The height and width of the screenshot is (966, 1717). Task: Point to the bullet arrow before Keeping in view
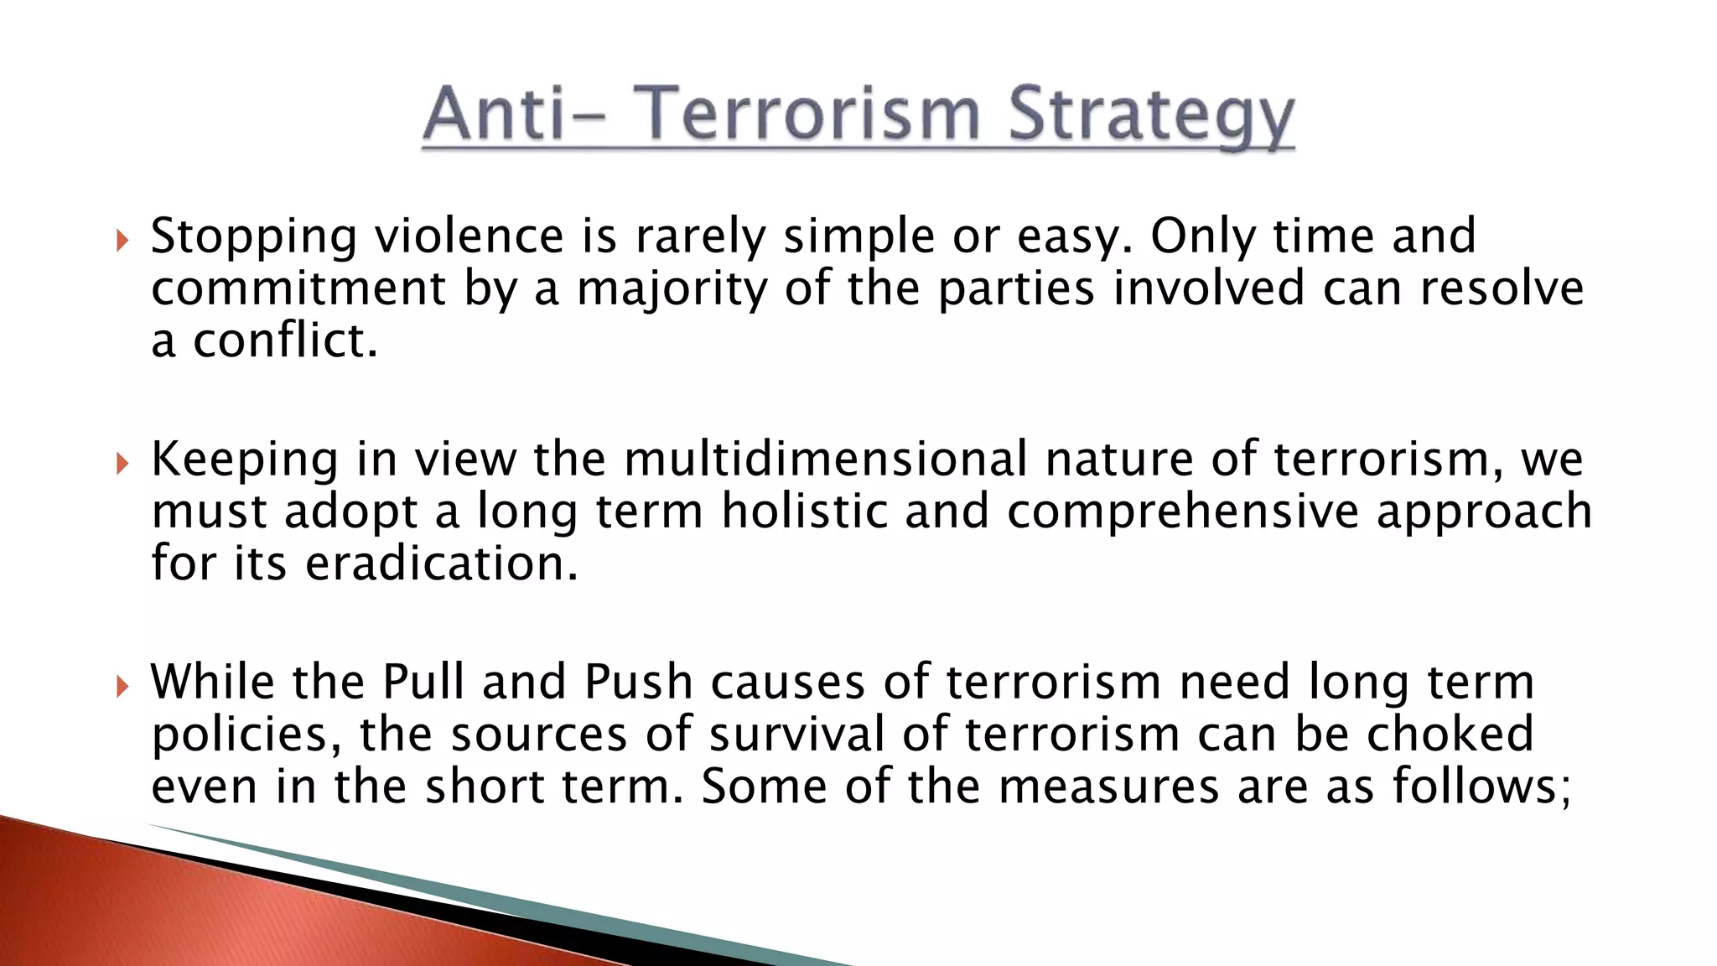point(122,464)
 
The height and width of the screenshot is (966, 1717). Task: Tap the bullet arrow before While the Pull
point(122,687)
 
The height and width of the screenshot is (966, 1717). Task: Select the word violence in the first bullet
point(469,236)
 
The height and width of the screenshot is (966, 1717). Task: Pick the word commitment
point(298,289)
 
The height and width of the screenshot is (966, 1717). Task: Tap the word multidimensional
point(825,460)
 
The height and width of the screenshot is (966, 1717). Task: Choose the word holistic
point(804,512)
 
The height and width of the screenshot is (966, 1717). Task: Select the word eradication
point(441,563)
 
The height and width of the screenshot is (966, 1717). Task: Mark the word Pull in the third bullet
point(423,682)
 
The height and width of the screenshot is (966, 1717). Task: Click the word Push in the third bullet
point(638,682)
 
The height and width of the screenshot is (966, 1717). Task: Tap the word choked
point(1450,734)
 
